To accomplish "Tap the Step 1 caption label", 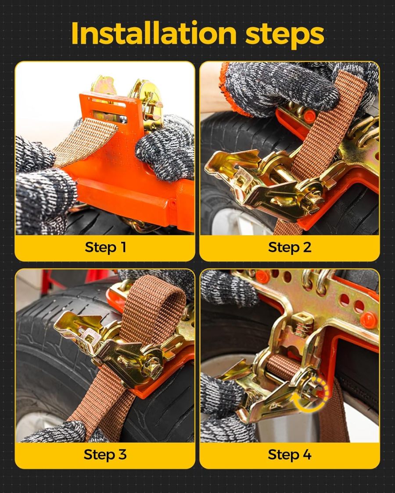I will tap(105, 247).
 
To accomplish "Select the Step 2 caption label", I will tap(290, 247).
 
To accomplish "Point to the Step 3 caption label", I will tap(105, 454).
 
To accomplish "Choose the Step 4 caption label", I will tap(290, 454).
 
